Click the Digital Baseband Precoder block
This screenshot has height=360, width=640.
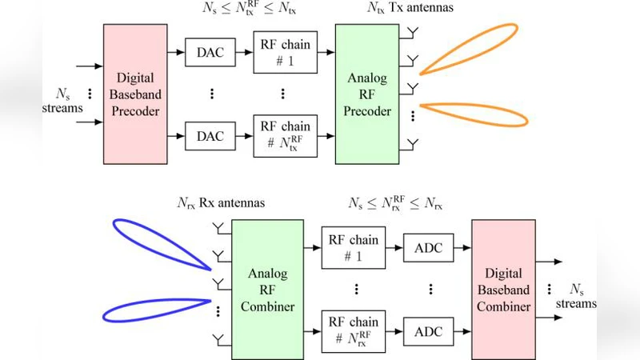coord(135,94)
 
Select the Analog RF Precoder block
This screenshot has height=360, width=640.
coord(367,94)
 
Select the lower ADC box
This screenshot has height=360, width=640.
coord(430,328)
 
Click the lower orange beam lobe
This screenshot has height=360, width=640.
coord(474,114)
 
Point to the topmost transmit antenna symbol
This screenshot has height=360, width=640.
coord(413,33)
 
